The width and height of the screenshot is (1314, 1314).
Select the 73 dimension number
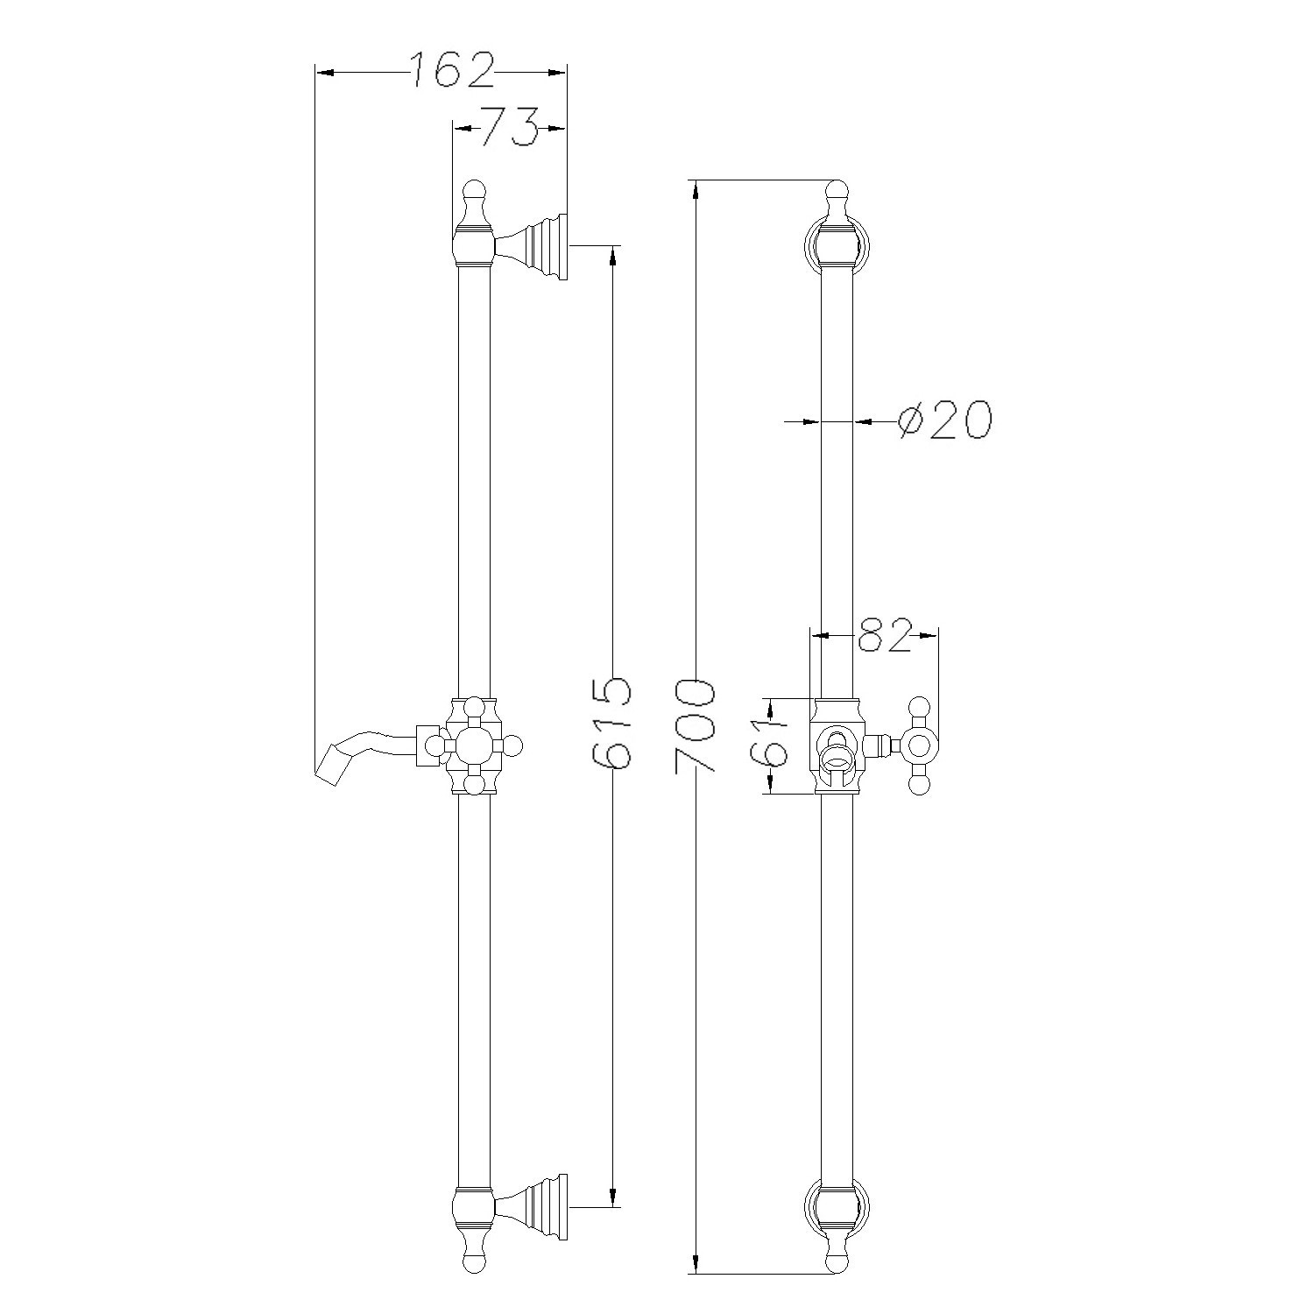(x=510, y=128)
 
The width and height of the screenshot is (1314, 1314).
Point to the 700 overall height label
(x=696, y=724)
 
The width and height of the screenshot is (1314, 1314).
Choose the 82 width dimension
(x=885, y=635)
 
